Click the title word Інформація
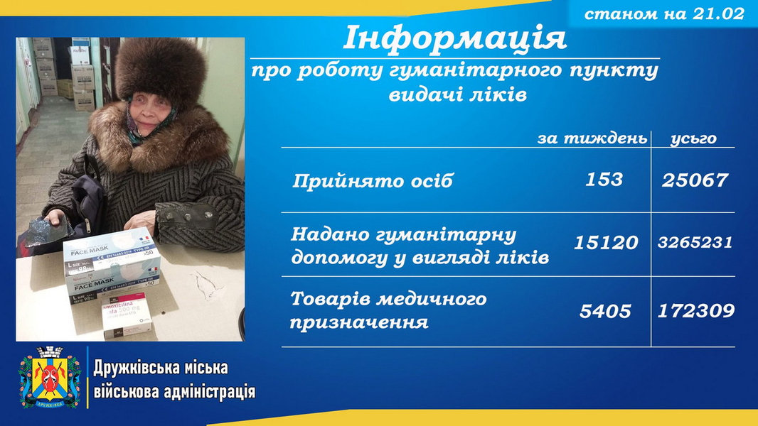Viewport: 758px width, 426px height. point(454,38)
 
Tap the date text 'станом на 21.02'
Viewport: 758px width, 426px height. point(664,13)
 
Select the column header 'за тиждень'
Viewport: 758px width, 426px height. point(592,138)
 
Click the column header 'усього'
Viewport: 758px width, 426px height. point(694,139)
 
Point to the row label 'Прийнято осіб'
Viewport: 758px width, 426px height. point(373,181)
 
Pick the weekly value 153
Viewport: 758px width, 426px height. point(604,180)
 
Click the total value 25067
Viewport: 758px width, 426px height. point(695,180)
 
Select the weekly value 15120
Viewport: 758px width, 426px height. point(606,242)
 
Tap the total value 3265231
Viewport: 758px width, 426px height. point(695,242)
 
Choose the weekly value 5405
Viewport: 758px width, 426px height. point(605,311)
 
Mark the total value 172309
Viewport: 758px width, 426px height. point(696,311)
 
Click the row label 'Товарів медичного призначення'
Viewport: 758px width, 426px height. point(388,310)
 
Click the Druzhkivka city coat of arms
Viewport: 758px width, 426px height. point(50,377)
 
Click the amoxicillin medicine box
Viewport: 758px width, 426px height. point(127,315)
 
